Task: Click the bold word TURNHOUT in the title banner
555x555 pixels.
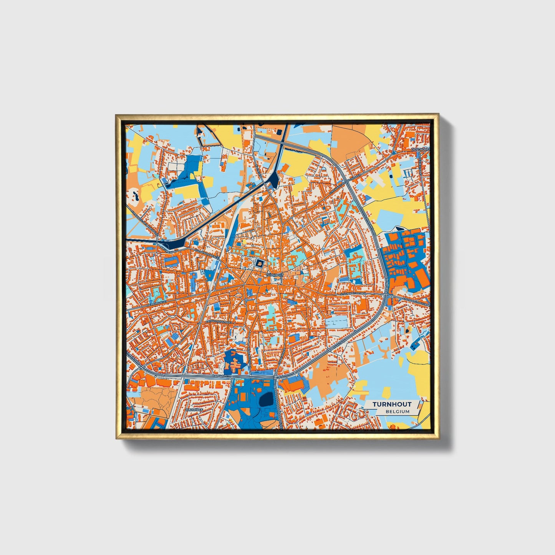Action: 392,404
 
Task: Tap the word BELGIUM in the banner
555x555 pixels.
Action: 398,411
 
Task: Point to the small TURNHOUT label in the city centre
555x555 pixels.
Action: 274,275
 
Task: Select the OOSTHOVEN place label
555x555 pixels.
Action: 420,149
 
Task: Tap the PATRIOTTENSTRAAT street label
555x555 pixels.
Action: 219,321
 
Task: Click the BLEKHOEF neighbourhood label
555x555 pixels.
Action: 194,410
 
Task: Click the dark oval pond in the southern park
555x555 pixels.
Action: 266,400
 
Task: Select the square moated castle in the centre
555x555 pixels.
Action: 260,263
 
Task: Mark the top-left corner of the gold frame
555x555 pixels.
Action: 116,115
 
